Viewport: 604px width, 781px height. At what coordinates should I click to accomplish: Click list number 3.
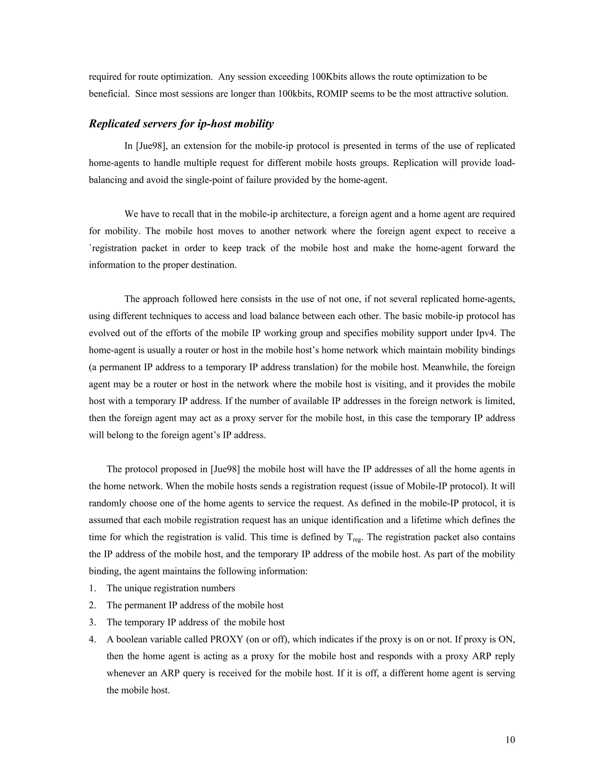pyautogui.click(x=92, y=622)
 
